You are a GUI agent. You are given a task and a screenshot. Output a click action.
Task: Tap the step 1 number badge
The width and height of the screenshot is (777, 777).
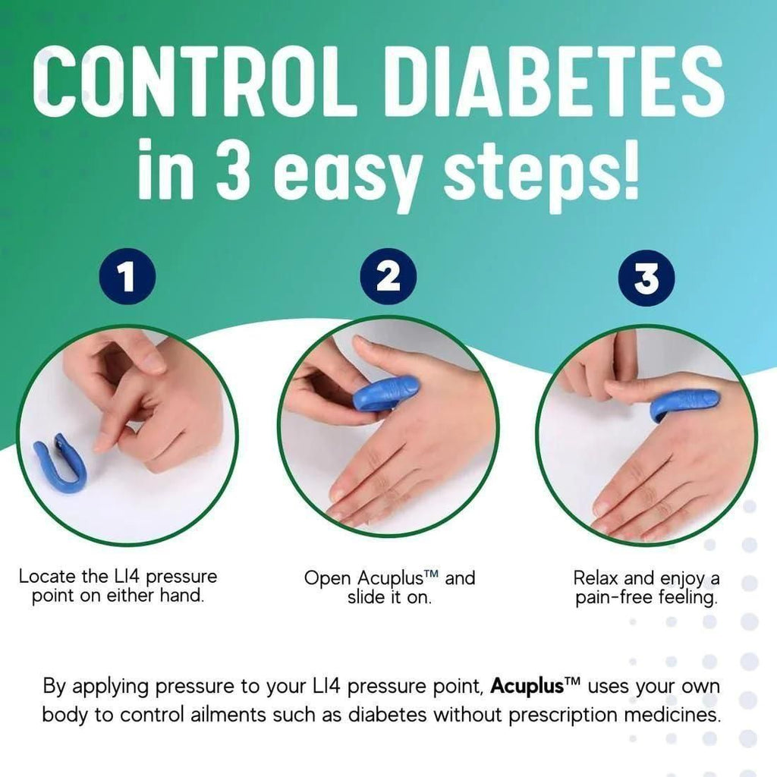point(127,277)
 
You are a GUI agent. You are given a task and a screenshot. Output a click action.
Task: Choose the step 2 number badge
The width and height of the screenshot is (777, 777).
point(388,277)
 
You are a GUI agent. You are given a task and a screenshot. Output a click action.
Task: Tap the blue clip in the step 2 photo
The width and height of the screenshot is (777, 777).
point(386,394)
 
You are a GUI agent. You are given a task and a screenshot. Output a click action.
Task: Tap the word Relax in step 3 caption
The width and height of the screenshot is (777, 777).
point(596,578)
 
